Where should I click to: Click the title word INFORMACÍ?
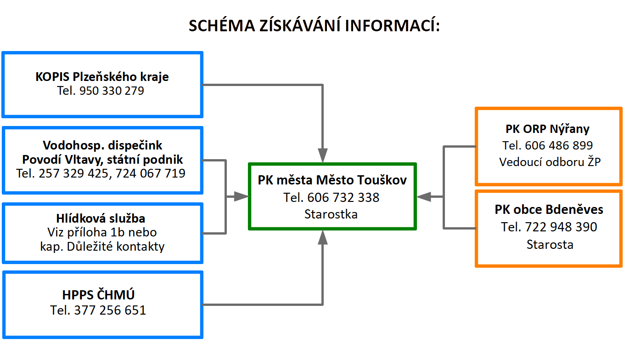392,25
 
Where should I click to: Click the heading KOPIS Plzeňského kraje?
102,77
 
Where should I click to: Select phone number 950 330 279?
112,91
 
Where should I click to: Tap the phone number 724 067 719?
151,173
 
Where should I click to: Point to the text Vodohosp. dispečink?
102,145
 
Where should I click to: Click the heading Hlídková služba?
101,218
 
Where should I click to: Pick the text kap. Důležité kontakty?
102,247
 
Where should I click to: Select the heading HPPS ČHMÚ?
98,295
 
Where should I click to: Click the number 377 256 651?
110,310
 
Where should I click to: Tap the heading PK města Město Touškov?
332,180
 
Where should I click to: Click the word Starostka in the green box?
331,214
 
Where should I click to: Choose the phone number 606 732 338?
343,198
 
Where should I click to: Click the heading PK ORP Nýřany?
547,129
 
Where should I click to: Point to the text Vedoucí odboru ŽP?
550,162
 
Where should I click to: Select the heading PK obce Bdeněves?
549,210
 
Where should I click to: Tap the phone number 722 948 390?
561,227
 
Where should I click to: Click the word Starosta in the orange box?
550,245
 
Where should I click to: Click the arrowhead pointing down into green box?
323,155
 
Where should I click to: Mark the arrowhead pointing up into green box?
323,237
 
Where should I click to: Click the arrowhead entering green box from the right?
424,197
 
